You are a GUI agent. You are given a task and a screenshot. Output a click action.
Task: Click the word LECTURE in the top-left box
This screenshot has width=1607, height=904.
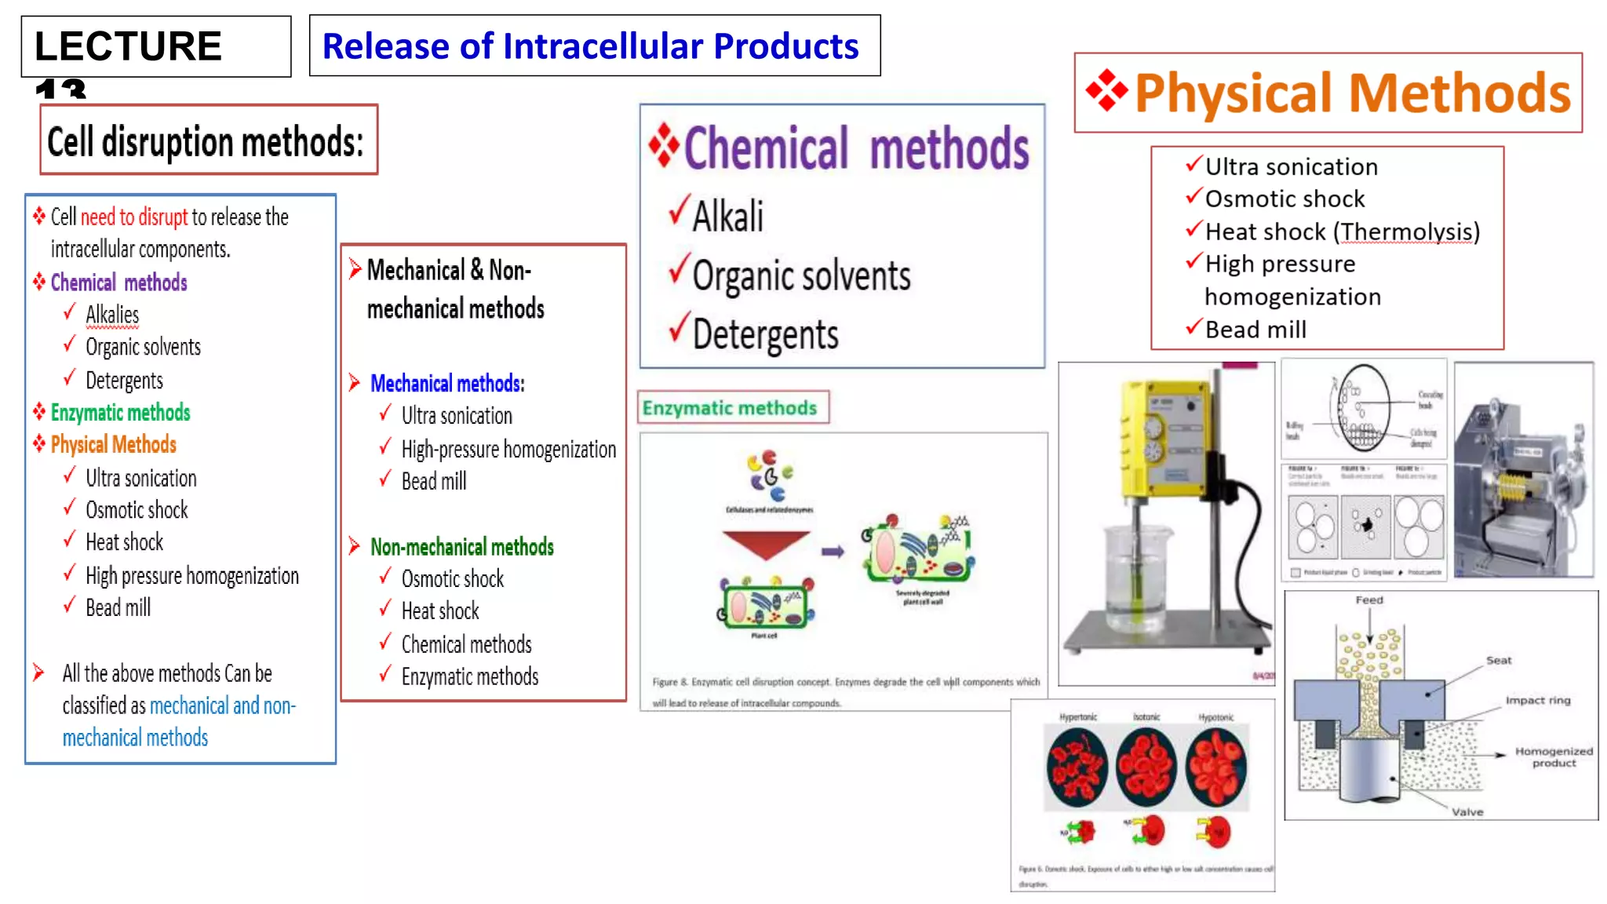click(x=128, y=46)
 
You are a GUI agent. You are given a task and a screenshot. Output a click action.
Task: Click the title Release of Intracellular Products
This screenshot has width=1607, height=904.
click(x=591, y=46)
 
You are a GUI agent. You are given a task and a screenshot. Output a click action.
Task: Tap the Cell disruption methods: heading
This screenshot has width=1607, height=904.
click(x=206, y=142)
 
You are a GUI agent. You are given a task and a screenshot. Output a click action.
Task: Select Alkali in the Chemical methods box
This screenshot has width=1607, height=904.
click(x=727, y=216)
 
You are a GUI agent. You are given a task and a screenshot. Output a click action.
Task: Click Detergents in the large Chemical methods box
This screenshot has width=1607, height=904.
click(x=765, y=335)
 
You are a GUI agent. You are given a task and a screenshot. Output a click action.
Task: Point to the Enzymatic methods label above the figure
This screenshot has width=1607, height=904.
click(x=730, y=408)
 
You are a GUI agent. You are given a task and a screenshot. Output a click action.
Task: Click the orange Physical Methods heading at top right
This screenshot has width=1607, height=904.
click(x=1351, y=93)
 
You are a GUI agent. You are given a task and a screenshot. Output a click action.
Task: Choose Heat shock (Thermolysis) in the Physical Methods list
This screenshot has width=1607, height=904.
click(x=1342, y=232)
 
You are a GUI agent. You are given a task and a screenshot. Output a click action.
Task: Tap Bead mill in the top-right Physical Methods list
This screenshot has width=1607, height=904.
click(x=1255, y=330)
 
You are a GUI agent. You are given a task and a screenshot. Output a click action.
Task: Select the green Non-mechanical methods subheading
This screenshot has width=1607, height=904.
click(x=461, y=547)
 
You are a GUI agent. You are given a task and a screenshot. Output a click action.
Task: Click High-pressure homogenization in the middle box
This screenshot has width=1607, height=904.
click(x=508, y=450)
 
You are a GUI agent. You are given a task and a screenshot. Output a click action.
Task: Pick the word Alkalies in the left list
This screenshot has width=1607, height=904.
click(x=112, y=315)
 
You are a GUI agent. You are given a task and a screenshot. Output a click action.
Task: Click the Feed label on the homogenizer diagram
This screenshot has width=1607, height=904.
click(x=1369, y=600)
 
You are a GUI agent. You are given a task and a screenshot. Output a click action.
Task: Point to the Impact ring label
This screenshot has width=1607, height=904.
click(x=1538, y=700)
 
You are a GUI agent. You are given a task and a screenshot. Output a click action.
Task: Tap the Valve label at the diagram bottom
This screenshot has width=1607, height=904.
click(x=1467, y=812)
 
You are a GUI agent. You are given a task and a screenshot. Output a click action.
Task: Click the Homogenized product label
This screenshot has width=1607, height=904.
click(x=1554, y=756)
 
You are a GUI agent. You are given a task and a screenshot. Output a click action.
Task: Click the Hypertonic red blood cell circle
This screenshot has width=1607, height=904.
click(x=1077, y=767)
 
